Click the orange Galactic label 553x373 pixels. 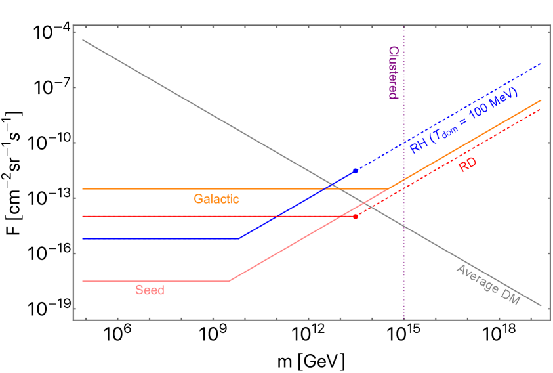point(216,199)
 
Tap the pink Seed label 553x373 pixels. point(150,290)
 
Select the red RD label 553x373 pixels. point(467,165)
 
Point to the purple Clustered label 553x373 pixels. point(393,72)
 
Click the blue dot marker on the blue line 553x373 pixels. point(356,171)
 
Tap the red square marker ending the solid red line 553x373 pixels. point(356,216)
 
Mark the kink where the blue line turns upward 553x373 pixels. point(239,238)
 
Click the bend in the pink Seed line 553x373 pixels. point(229,281)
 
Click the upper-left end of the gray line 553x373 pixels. point(82,39)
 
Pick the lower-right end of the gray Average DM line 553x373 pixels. point(541,306)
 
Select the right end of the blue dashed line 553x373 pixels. point(541,64)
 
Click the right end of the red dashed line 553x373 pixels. point(541,108)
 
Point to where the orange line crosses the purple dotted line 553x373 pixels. point(403,179)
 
